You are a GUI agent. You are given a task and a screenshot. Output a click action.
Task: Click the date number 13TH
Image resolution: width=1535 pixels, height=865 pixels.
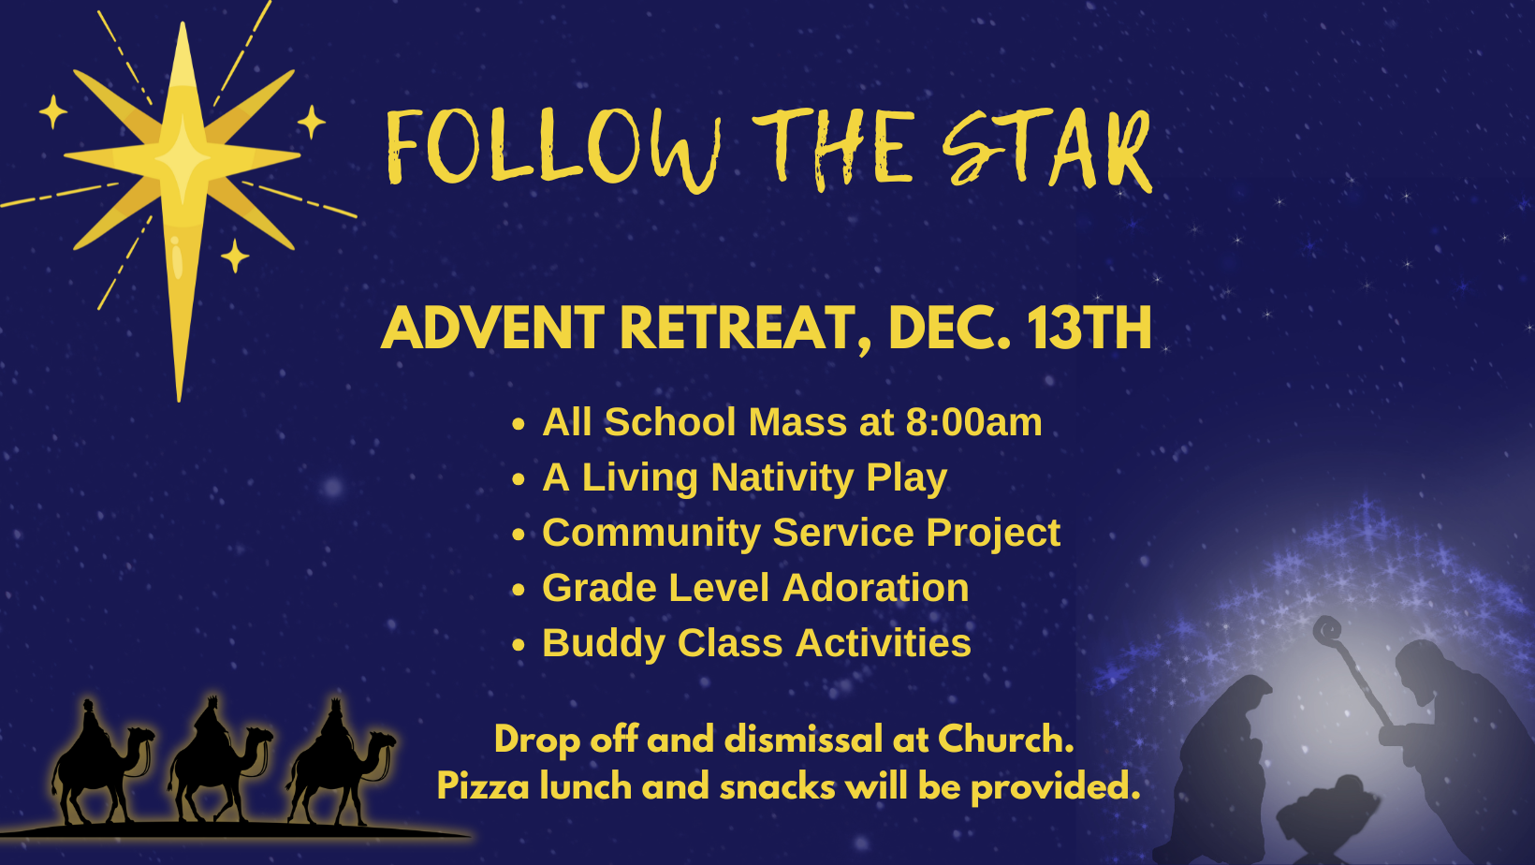click(1089, 329)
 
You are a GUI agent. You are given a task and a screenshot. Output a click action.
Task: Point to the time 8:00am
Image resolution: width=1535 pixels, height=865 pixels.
click(973, 421)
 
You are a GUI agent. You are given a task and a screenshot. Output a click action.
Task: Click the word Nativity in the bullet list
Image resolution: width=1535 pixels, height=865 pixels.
click(782, 477)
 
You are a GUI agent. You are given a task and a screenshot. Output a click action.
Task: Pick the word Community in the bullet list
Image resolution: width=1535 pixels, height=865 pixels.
click(651, 534)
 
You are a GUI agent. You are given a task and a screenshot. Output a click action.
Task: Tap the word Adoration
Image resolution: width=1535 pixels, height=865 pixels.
click(875, 588)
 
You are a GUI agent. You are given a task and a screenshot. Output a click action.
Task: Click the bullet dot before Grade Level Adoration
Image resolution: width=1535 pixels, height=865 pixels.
click(519, 590)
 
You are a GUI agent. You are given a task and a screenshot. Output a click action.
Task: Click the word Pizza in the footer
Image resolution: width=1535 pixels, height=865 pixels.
click(483, 786)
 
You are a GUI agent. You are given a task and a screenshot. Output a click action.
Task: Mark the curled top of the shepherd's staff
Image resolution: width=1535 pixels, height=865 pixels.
click(1327, 630)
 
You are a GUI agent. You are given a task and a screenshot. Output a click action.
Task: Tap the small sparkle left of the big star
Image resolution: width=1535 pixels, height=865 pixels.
click(52, 111)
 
